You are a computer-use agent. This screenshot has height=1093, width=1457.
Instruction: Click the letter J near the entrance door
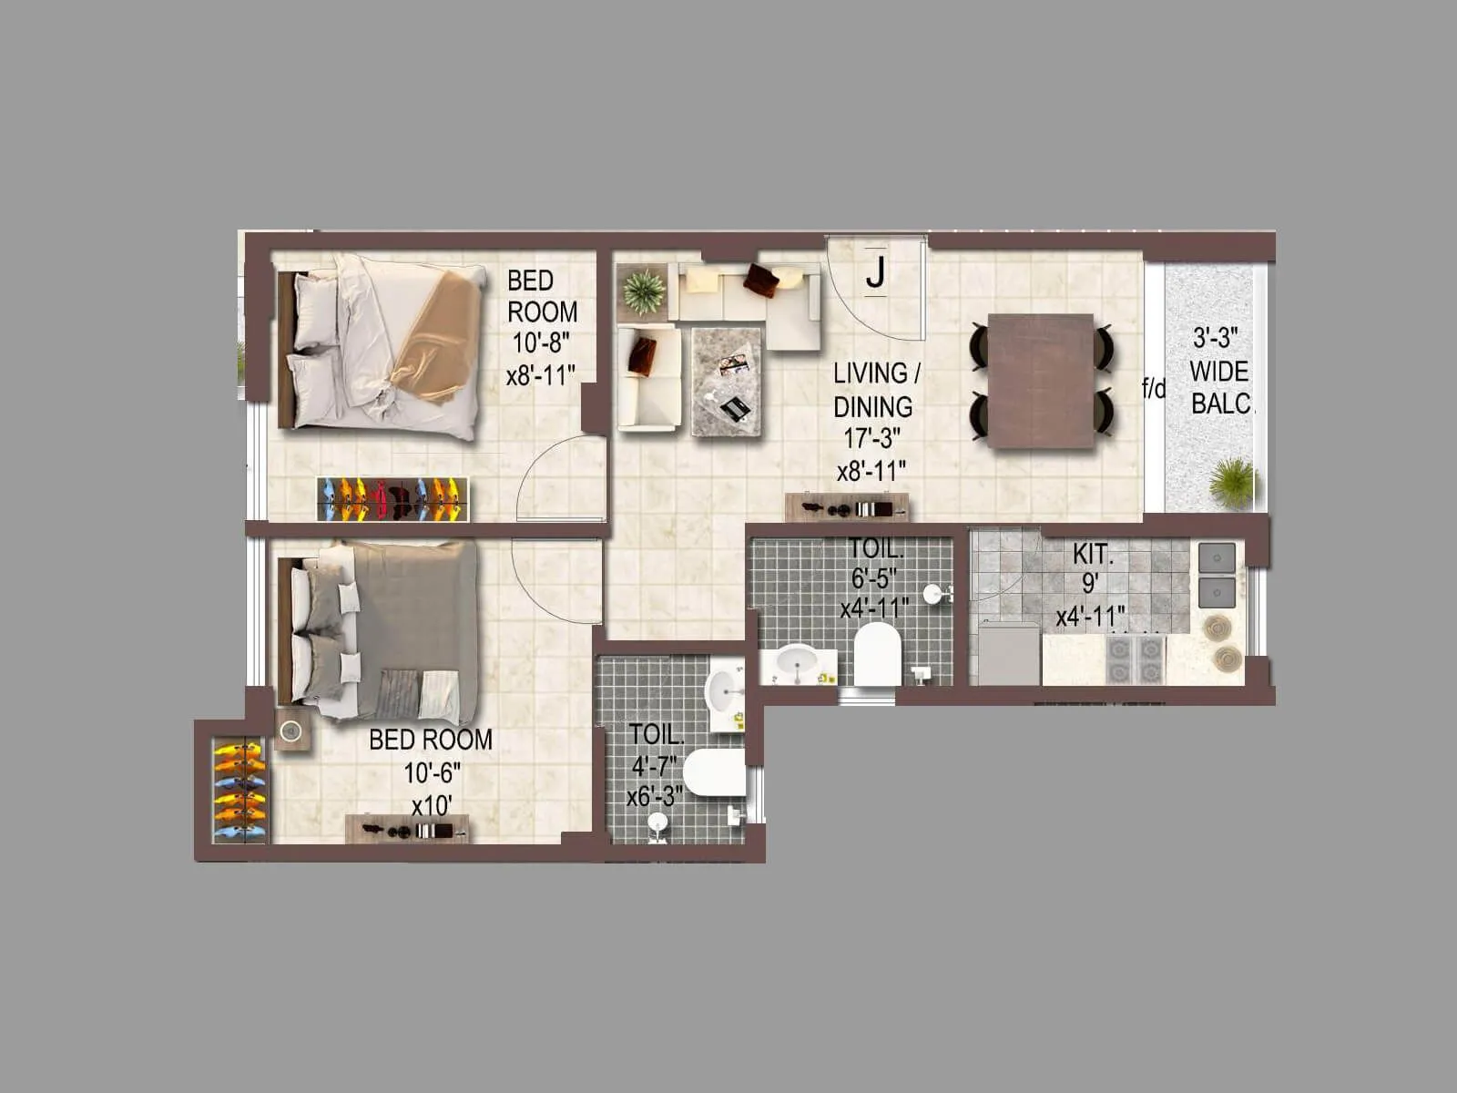(875, 271)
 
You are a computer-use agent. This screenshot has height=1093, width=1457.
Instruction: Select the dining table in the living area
(1041, 381)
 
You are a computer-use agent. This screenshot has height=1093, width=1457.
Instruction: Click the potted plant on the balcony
(1234, 481)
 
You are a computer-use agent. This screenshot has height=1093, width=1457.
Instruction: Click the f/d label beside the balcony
(1154, 390)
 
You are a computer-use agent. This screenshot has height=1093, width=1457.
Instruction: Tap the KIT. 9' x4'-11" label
(1091, 585)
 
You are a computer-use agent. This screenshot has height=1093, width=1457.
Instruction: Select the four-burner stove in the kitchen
(1136, 659)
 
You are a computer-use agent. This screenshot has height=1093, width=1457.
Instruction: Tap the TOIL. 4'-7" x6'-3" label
(655, 765)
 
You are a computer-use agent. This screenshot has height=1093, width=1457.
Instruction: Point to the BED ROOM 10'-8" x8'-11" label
(542, 328)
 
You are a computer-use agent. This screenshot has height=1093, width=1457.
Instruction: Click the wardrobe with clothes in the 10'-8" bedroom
(393, 498)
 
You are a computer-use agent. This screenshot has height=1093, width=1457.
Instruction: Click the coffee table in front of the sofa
(726, 381)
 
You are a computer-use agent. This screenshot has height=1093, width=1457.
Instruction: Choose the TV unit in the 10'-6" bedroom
(408, 829)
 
